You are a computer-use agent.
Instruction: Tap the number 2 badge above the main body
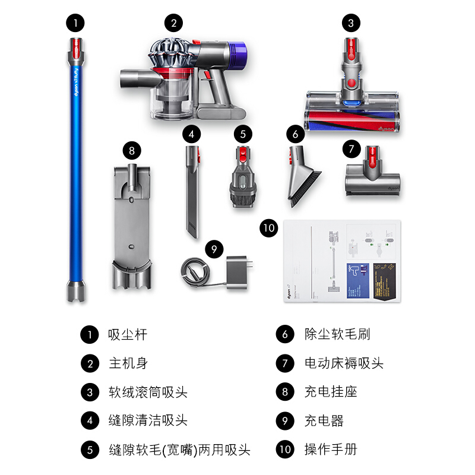coord(173,24)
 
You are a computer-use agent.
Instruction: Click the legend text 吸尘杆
coord(127,334)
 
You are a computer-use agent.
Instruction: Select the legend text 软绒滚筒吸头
coord(148,392)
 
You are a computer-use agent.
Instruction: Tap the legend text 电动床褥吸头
coord(344,363)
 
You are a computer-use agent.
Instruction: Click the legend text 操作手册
coord(331,449)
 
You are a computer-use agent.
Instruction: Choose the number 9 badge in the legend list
coord(285,421)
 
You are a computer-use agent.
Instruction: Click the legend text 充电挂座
coord(331,392)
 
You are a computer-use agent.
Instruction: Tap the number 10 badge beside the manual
coord(269,228)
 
